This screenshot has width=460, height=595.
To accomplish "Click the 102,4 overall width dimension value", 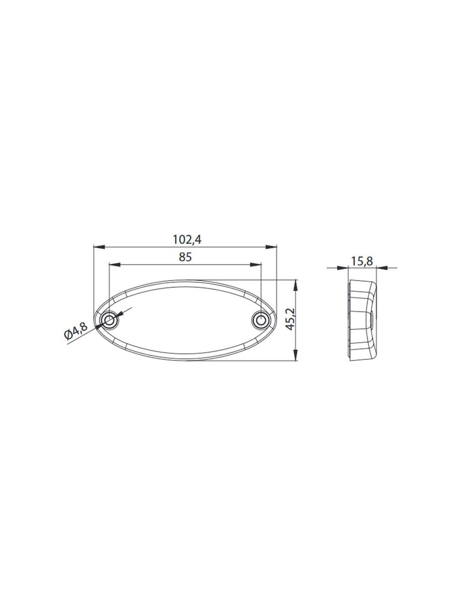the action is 187,240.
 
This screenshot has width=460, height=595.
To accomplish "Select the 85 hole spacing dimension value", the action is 185,257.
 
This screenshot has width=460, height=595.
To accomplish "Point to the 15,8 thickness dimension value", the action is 362,261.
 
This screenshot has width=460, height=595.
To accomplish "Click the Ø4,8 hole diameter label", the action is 76,331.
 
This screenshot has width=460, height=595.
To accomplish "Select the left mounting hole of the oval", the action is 109,320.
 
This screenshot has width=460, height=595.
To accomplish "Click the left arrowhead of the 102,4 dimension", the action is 99,247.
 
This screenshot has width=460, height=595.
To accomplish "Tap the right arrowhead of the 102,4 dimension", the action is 271,247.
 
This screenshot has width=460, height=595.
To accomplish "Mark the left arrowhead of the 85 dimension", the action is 115,264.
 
